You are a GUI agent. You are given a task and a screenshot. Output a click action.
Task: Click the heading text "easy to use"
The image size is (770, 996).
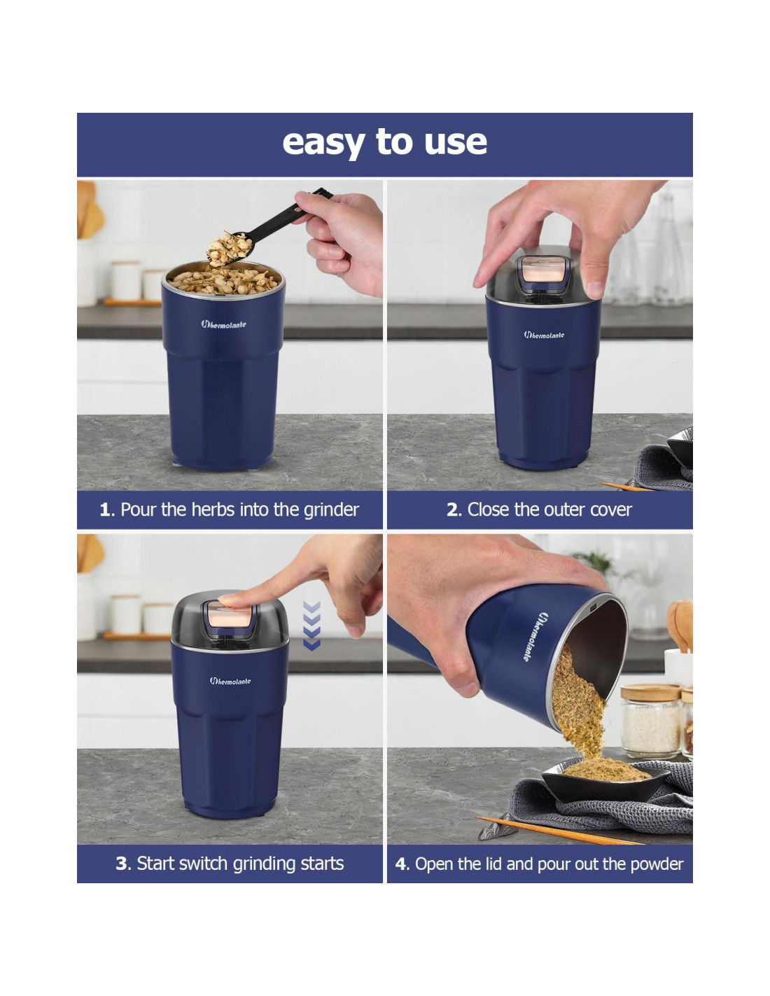384,143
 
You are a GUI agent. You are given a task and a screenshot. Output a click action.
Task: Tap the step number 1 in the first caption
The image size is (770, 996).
105,510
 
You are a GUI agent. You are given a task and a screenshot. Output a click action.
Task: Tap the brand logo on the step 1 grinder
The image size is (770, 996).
223,324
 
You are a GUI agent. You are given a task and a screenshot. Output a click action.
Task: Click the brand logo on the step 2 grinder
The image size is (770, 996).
544,335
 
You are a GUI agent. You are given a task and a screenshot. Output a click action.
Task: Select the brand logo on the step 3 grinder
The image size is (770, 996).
230,681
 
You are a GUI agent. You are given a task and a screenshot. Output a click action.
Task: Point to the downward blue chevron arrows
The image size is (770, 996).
311,626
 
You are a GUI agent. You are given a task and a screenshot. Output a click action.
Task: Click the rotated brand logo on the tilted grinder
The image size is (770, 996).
533,636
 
